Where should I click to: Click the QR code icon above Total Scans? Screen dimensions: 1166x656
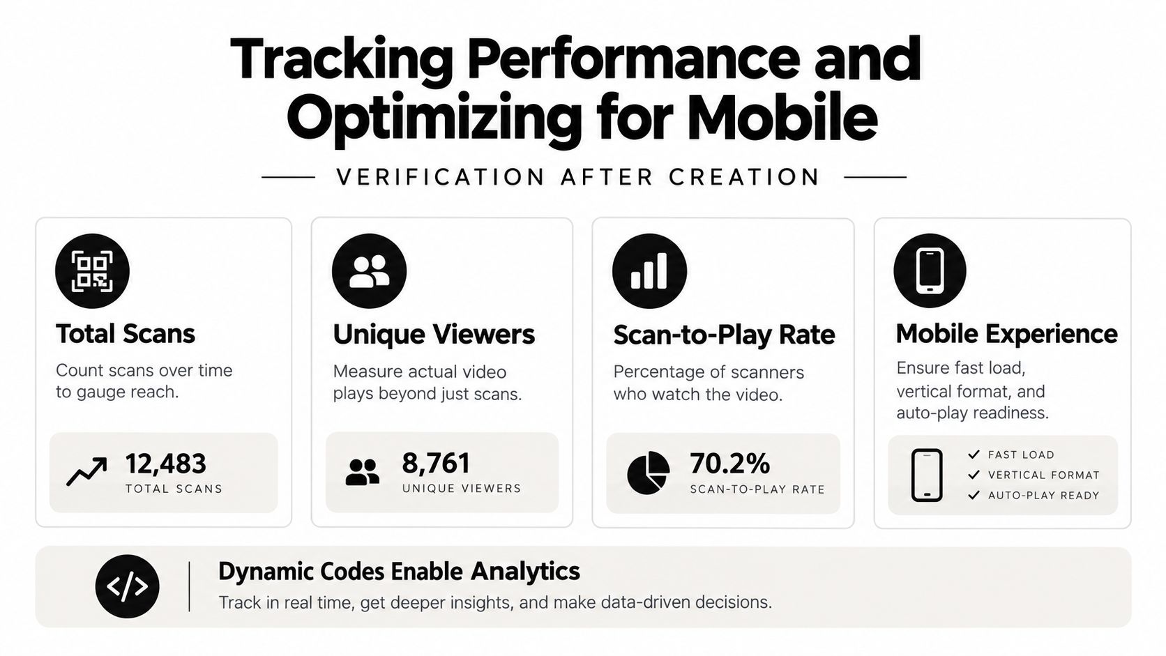92,271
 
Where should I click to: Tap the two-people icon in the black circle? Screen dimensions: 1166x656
369,271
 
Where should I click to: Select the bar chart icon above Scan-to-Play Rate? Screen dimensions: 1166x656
649,271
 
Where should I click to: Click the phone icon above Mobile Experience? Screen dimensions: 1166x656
930,271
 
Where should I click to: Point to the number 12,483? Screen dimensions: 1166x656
165,464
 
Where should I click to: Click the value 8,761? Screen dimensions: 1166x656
437,463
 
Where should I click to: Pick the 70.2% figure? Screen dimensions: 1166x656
729,464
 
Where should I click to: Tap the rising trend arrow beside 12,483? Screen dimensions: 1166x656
87,471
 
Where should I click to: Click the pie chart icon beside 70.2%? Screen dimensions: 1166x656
648,473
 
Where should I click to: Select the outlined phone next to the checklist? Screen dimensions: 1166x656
927,475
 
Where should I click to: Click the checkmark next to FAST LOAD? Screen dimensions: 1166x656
974,455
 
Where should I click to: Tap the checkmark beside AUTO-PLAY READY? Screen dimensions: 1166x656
974,495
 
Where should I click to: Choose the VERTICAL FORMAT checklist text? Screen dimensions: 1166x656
1044,475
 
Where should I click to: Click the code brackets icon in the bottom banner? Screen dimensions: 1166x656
127,586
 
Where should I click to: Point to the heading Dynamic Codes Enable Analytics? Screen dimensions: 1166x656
399,571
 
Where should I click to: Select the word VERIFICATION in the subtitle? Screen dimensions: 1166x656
440,177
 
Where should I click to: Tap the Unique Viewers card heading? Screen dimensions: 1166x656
434,334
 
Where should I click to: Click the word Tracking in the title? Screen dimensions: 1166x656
342,61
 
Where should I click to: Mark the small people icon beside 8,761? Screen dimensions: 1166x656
363,473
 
